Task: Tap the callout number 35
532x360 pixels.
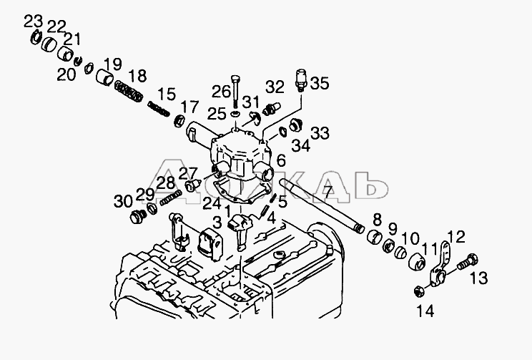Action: [319, 84]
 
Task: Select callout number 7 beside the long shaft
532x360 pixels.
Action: [327, 191]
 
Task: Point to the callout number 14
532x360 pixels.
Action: [426, 311]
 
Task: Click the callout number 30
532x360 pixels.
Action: [123, 201]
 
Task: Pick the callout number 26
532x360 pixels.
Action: [222, 91]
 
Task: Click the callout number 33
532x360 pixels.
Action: [320, 133]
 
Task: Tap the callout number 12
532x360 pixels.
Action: [457, 237]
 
